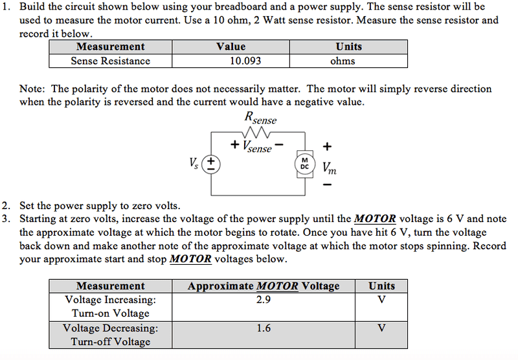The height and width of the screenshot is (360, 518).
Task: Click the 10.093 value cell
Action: pyautogui.click(x=245, y=61)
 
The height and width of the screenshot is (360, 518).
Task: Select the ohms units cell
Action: pyautogui.click(x=343, y=61)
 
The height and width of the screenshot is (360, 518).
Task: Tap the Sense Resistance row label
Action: pyautogui.click(x=110, y=61)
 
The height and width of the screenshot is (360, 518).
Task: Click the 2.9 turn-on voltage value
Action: pyautogui.click(x=264, y=299)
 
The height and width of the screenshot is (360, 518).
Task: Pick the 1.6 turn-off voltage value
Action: pyautogui.click(x=264, y=328)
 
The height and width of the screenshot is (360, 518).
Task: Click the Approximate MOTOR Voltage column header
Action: pyautogui.click(x=264, y=286)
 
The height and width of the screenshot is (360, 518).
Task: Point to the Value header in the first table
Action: pyautogui.click(x=231, y=47)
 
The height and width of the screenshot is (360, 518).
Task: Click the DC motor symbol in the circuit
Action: pyautogui.click(x=304, y=164)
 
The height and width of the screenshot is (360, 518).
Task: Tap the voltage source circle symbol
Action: pyautogui.click(x=211, y=164)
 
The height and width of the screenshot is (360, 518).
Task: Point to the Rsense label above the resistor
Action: pyautogui.click(x=260, y=118)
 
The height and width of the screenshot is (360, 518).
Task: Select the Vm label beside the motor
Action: pyautogui.click(x=330, y=168)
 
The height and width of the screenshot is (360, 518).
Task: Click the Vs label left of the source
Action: pyautogui.click(x=194, y=163)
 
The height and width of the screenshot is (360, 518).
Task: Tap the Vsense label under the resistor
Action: pyautogui.click(x=257, y=146)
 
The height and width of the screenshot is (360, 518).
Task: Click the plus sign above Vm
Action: pyautogui.click(x=327, y=146)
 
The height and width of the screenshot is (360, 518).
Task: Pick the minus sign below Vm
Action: pyautogui.click(x=327, y=185)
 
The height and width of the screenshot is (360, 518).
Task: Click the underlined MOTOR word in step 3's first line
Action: pyautogui.click(x=375, y=219)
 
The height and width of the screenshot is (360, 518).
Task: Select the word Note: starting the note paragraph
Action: pyautogui.click(x=32, y=89)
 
